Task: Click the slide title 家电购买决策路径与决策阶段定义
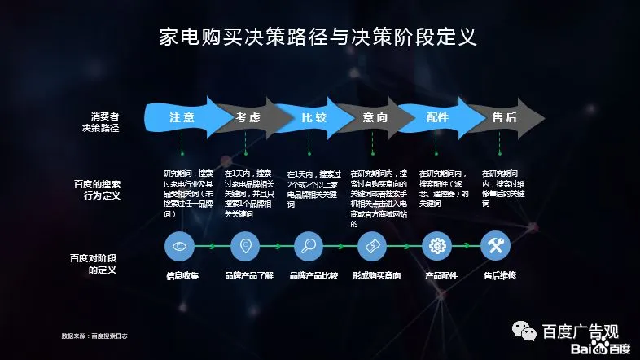point(318,37)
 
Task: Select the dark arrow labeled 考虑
point(248,117)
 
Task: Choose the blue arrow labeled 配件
point(437,117)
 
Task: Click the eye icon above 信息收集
point(178,245)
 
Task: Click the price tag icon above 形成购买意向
point(371,245)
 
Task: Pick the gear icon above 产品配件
point(436,245)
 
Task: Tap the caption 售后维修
point(499,275)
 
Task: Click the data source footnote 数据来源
point(94,336)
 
